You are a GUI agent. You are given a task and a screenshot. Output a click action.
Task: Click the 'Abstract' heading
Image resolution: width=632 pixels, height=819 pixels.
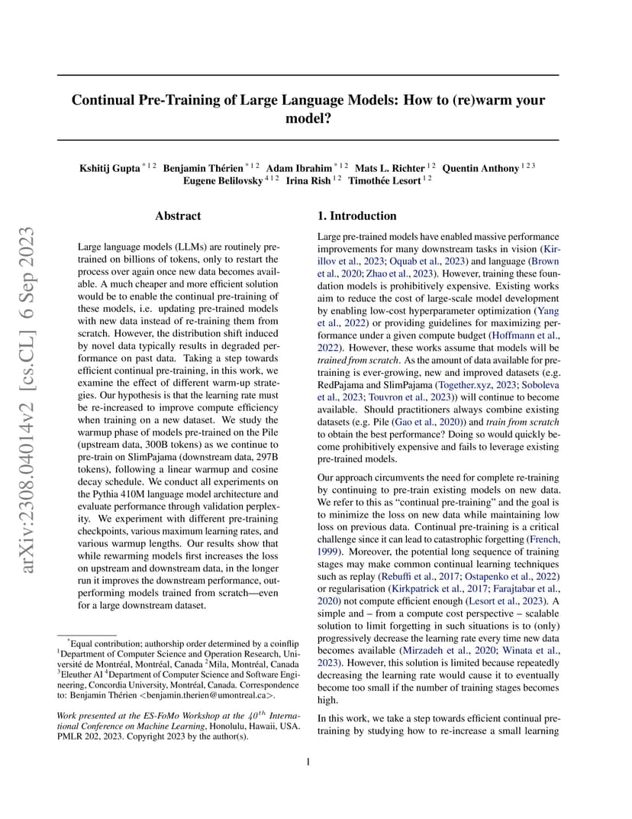point(178,216)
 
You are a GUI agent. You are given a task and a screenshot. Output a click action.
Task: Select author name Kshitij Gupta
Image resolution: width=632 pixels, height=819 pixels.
point(109,168)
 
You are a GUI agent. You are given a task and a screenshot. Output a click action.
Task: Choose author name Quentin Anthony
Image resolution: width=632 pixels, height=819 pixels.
point(482,168)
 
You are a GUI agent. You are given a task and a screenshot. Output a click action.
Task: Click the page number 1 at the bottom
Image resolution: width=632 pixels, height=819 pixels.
point(308,761)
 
